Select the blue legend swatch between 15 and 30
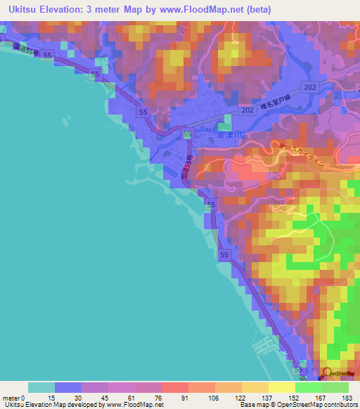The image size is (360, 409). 67,387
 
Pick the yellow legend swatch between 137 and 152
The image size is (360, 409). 281,387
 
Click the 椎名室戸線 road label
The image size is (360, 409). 276,103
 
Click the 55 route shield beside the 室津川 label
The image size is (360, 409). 188,134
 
